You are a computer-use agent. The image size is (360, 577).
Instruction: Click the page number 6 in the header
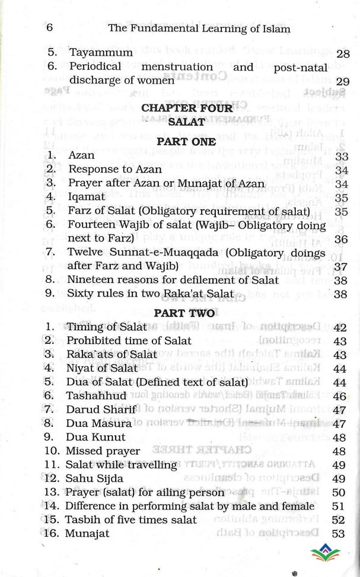point(49,28)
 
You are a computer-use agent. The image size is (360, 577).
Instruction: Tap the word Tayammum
point(100,53)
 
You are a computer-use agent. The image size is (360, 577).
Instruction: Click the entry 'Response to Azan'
point(113,170)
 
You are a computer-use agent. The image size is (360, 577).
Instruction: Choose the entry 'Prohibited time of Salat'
point(129,340)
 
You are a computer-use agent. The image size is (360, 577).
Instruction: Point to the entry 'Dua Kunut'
point(96,437)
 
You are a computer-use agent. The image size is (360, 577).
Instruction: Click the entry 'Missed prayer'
point(103,451)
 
